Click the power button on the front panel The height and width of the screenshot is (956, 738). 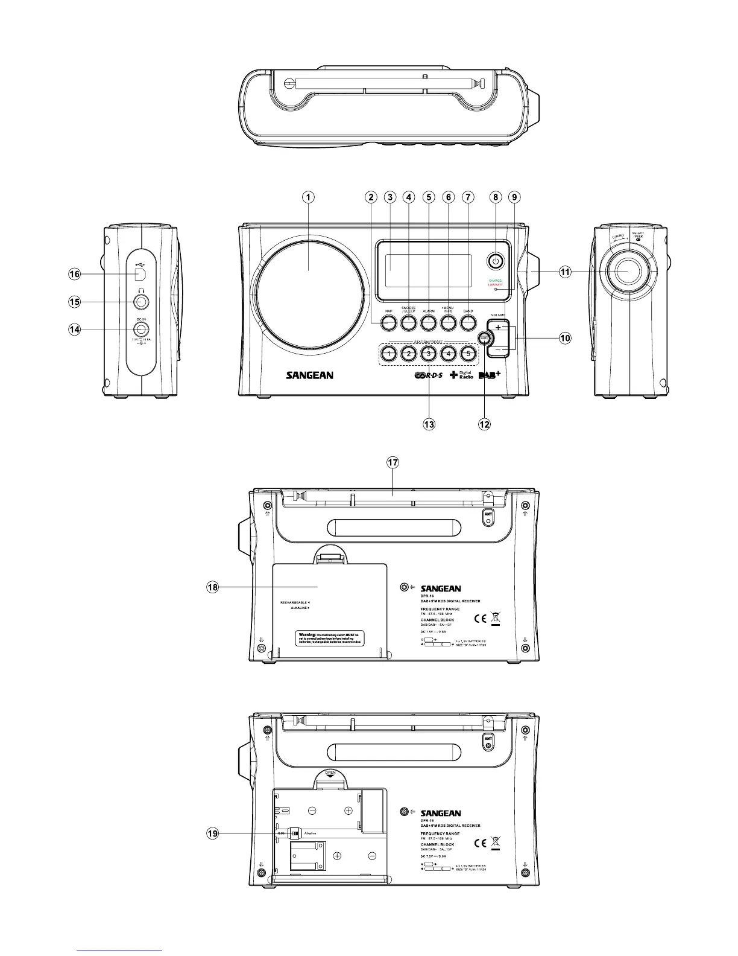(495, 261)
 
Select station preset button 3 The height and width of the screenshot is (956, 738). (427, 353)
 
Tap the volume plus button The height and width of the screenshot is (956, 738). (498, 327)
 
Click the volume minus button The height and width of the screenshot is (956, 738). (498, 349)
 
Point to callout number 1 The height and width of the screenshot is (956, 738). (308, 197)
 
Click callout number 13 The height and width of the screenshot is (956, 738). (429, 424)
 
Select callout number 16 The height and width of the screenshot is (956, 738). (74, 274)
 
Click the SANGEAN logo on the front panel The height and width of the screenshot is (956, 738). (309, 375)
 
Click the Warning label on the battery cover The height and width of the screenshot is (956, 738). (329, 637)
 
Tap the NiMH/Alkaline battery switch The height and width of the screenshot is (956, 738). (295, 833)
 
